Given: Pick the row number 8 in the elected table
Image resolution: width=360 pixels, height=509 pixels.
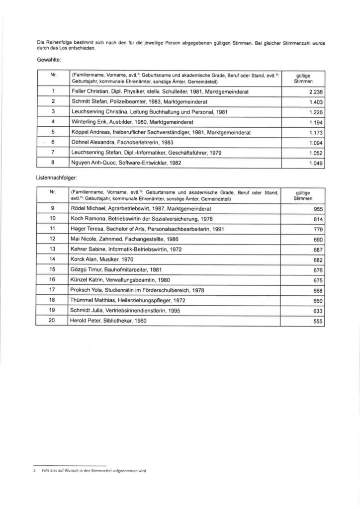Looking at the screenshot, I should point(52,162).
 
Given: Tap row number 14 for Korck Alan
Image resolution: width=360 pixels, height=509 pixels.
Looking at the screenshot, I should point(52,259).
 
